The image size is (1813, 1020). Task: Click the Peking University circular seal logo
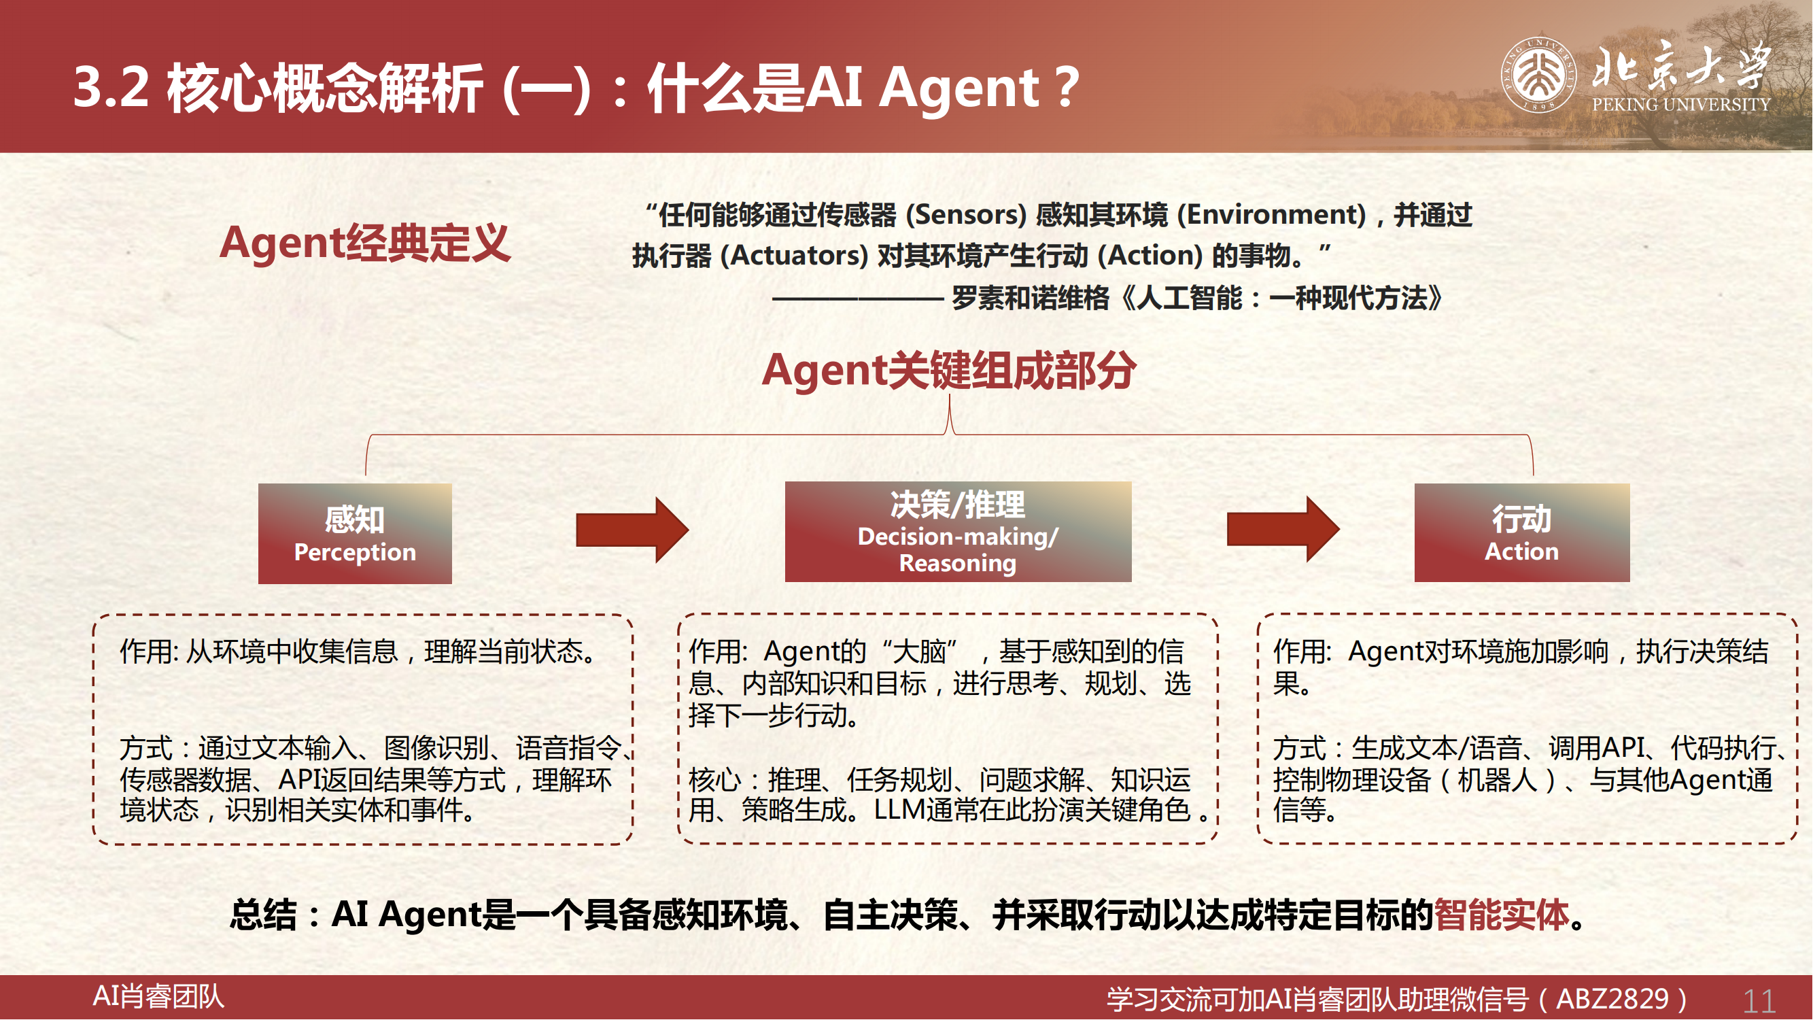tap(1538, 75)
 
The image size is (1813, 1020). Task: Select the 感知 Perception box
tap(355, 534)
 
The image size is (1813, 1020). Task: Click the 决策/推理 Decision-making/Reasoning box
tap(958, 532)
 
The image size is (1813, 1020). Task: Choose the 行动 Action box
tap(1521, 532)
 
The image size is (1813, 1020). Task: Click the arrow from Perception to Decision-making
tap(632, 529)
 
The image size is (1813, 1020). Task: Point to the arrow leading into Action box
tap(1283, 528)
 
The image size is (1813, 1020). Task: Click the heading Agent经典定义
tap(364, 243)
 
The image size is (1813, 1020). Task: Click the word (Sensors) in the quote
tap(967, 215)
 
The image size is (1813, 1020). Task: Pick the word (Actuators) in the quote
tap(794, 256)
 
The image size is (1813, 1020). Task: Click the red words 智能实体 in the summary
tap(1502, 915)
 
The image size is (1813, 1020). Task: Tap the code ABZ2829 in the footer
tap(1612, 999)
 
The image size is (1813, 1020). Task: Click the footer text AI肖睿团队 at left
tap(158, 997)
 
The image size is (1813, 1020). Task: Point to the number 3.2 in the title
tap(111, 87)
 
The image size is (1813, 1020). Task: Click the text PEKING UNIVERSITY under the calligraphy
tap(1680, 104)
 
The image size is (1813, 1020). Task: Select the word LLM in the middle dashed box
tap(899, 811)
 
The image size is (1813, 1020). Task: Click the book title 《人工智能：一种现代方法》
tap(1281, 298)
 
